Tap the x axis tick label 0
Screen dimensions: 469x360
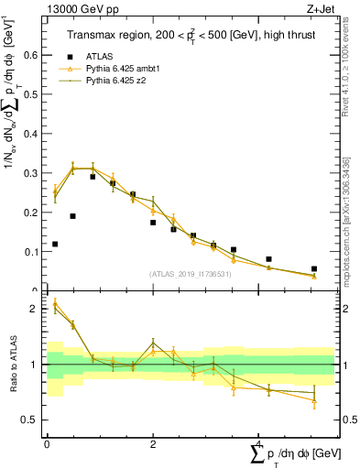(x=47, y=443)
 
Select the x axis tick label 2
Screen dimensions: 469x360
(x=152, y=443)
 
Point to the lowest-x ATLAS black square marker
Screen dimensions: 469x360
(x=55, y=244)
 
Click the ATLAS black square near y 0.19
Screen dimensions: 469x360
(x=72, y=216)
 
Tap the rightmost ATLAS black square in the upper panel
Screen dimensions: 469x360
(x=314, y=269)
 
